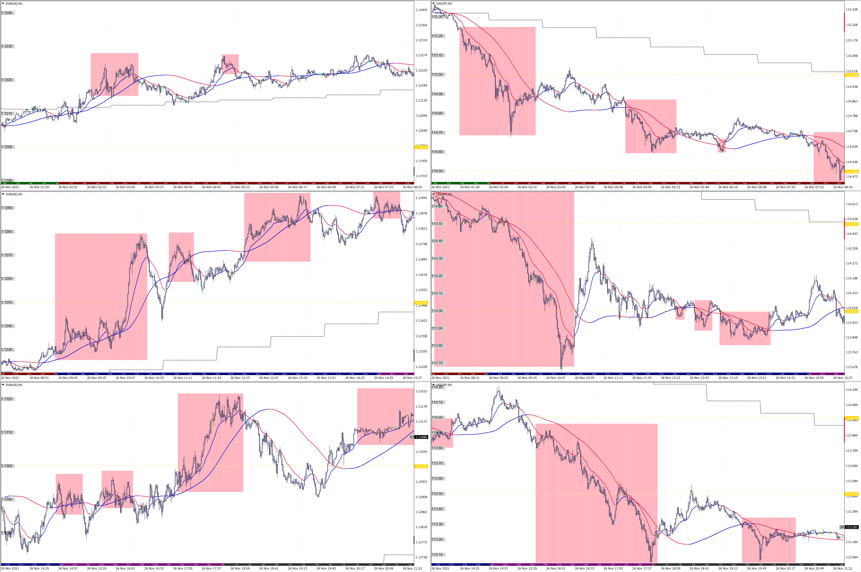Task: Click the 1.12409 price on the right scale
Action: click(x=421, y=10)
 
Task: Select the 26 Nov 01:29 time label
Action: click(x=39, y=187)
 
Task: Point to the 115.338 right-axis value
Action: click(x=852, y=9)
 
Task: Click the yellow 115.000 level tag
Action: click(x=852, y=75)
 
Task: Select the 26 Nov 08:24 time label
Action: click(x=842, y=187)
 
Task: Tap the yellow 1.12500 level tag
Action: click(x=421, y=303)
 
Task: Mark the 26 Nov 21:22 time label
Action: click(x=412, y=568)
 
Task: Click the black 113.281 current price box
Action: click(x=852, y=527)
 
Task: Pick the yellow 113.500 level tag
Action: click(x=852, y=494)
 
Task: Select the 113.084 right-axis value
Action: click(x=852, y=557)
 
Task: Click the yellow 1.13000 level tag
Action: click(x=421, y=466)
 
